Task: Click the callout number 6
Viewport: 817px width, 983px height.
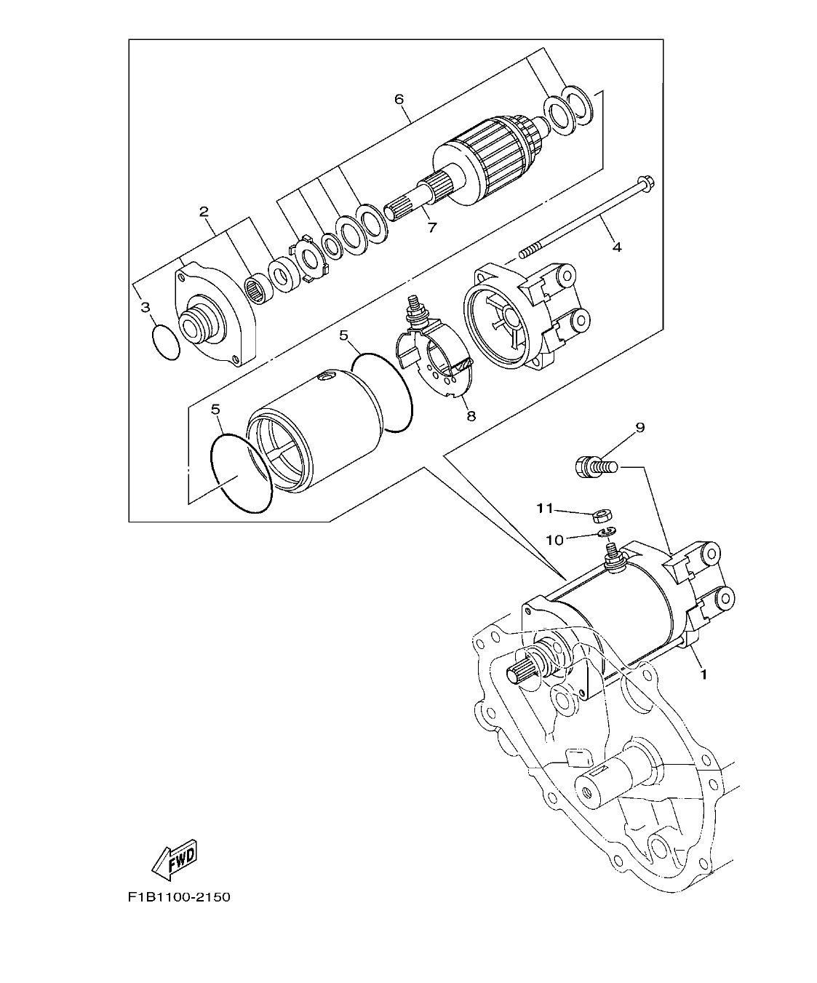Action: click(399, 99)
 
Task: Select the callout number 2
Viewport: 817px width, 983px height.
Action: click(204, 212)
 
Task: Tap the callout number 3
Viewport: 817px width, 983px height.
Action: click(146, 308)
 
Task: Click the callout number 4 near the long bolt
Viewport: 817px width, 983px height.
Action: click(616, 247)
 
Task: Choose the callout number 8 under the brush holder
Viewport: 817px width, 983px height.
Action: click(471, 415)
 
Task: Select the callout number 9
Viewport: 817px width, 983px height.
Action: click(640, 427)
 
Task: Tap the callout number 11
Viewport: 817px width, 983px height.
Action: click(546, 508)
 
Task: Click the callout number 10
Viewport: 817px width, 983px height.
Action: click(554, 539)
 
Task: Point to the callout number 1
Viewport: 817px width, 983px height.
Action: click(703, 674)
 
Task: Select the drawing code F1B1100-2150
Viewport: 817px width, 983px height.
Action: click(179, 897)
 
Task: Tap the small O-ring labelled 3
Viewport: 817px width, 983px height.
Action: click(167, 343)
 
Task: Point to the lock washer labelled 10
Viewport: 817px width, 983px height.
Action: click(608, 534)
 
